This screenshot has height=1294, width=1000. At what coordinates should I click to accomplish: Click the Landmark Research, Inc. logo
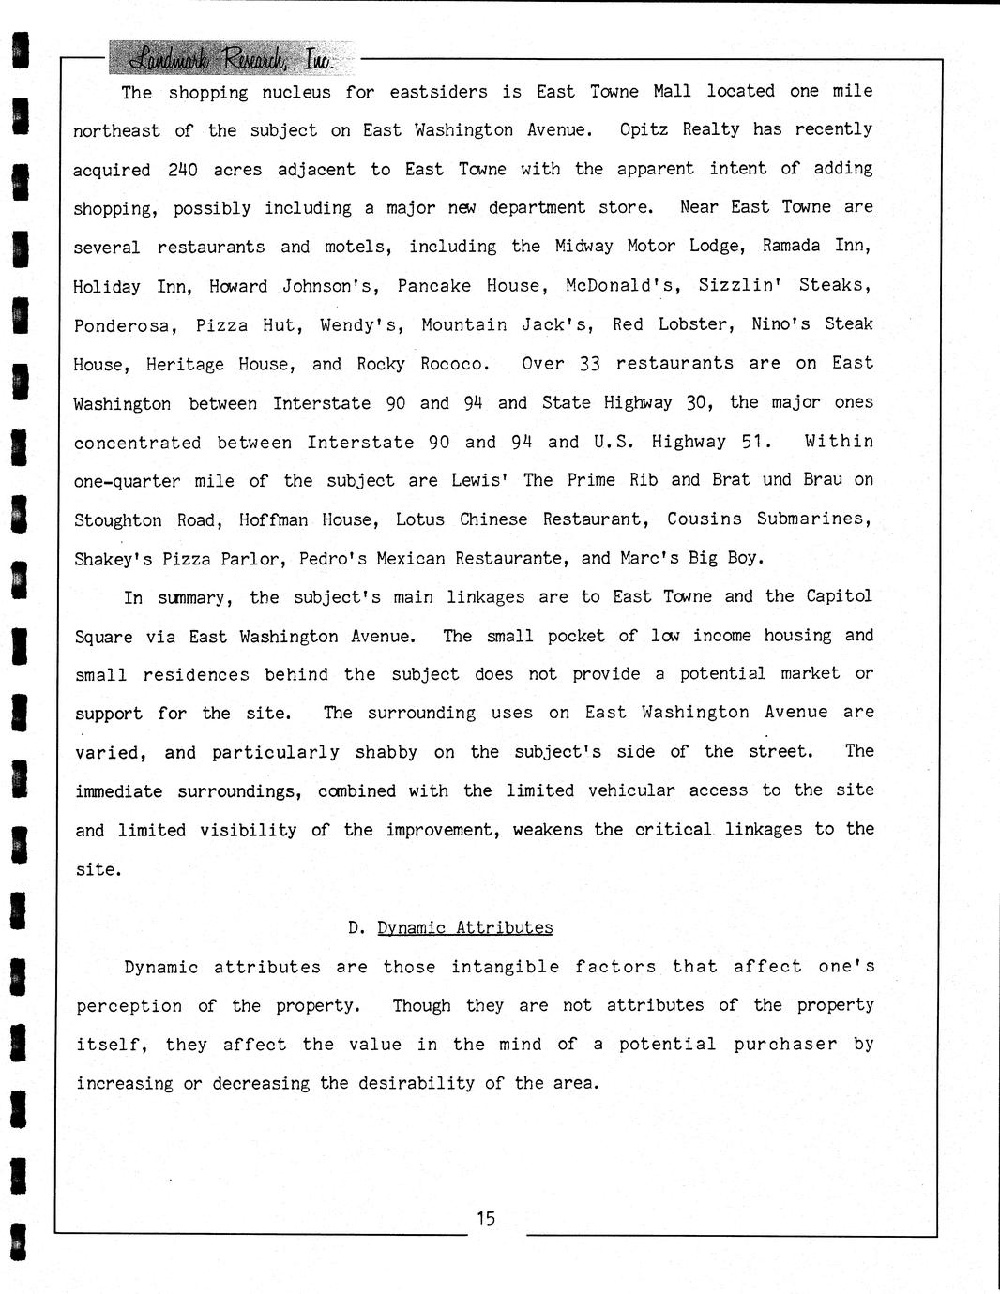tap(232, 58)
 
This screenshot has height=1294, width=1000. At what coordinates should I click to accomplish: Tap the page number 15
tap(485, 1218)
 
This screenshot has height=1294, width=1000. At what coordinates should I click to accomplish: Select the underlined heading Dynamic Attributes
tap(464, 927)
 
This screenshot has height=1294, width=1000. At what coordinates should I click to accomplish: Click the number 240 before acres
tap(183, 170)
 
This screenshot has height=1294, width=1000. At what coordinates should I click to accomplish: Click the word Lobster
tap(692, 324)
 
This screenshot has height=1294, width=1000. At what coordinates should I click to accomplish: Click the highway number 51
tap(755, 442)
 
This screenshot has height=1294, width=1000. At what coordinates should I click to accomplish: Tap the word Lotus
tap(419, 519)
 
